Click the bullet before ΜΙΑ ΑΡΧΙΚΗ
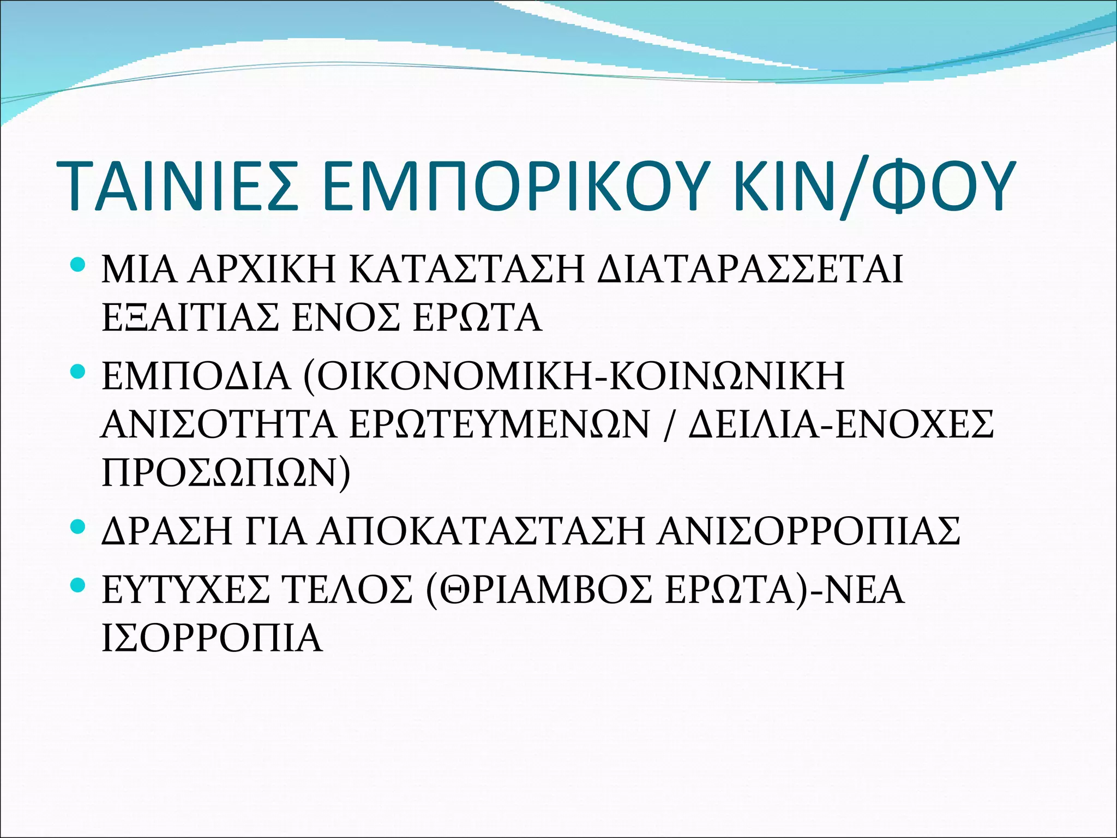coord(78,266)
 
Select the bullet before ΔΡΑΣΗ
coord(78,527)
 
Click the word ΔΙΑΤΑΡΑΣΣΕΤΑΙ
coord(750,270)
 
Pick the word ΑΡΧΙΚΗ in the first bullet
coord(262,270)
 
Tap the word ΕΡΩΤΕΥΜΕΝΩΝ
coord(499,424)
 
